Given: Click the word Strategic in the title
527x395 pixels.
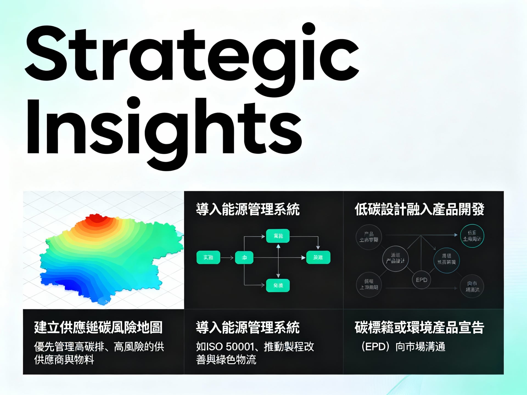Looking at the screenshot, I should [192, 55].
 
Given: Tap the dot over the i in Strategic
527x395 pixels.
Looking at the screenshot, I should [309, 29].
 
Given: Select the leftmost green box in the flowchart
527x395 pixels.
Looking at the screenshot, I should [208, 257].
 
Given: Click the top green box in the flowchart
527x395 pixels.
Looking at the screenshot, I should [278, 236].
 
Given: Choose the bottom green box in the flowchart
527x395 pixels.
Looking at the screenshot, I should [278, 285].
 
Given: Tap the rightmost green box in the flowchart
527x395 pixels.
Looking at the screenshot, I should [318, 257].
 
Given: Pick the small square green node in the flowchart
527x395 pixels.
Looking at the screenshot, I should [244, 257].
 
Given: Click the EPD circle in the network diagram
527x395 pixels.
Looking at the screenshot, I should [421, 280].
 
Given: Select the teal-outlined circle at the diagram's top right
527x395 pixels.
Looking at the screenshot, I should [472, 236].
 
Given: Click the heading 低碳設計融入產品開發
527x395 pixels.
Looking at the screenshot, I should [419, 210].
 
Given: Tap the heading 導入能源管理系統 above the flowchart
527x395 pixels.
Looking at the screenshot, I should [248, 210].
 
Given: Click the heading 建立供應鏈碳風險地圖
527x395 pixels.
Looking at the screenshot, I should [98, 328].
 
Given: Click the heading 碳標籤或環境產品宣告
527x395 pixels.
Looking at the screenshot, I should [419, 328].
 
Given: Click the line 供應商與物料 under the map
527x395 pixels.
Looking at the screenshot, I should [64, 360].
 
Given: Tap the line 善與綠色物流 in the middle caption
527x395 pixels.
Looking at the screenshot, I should [226, 360].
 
